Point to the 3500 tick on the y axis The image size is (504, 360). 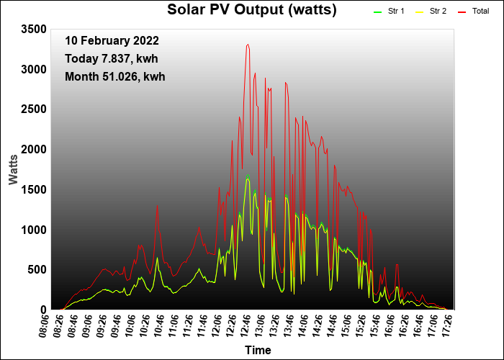(x=34, y=29)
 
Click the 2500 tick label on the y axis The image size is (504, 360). (x=34, y=109)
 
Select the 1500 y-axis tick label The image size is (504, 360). (x=34, y=189)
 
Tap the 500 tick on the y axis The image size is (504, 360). (x=37, y=270)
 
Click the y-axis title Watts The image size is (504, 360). (x=14, y=168)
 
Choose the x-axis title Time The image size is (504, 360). (x=258, y=351)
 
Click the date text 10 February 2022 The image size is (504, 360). (x=112, y=41)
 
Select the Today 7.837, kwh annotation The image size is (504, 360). (x=112, y=58)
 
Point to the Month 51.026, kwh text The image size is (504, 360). (x=115, y=76)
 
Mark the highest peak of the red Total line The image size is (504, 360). (x=248, y=45)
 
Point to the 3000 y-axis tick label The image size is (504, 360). (x=34, y=69)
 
